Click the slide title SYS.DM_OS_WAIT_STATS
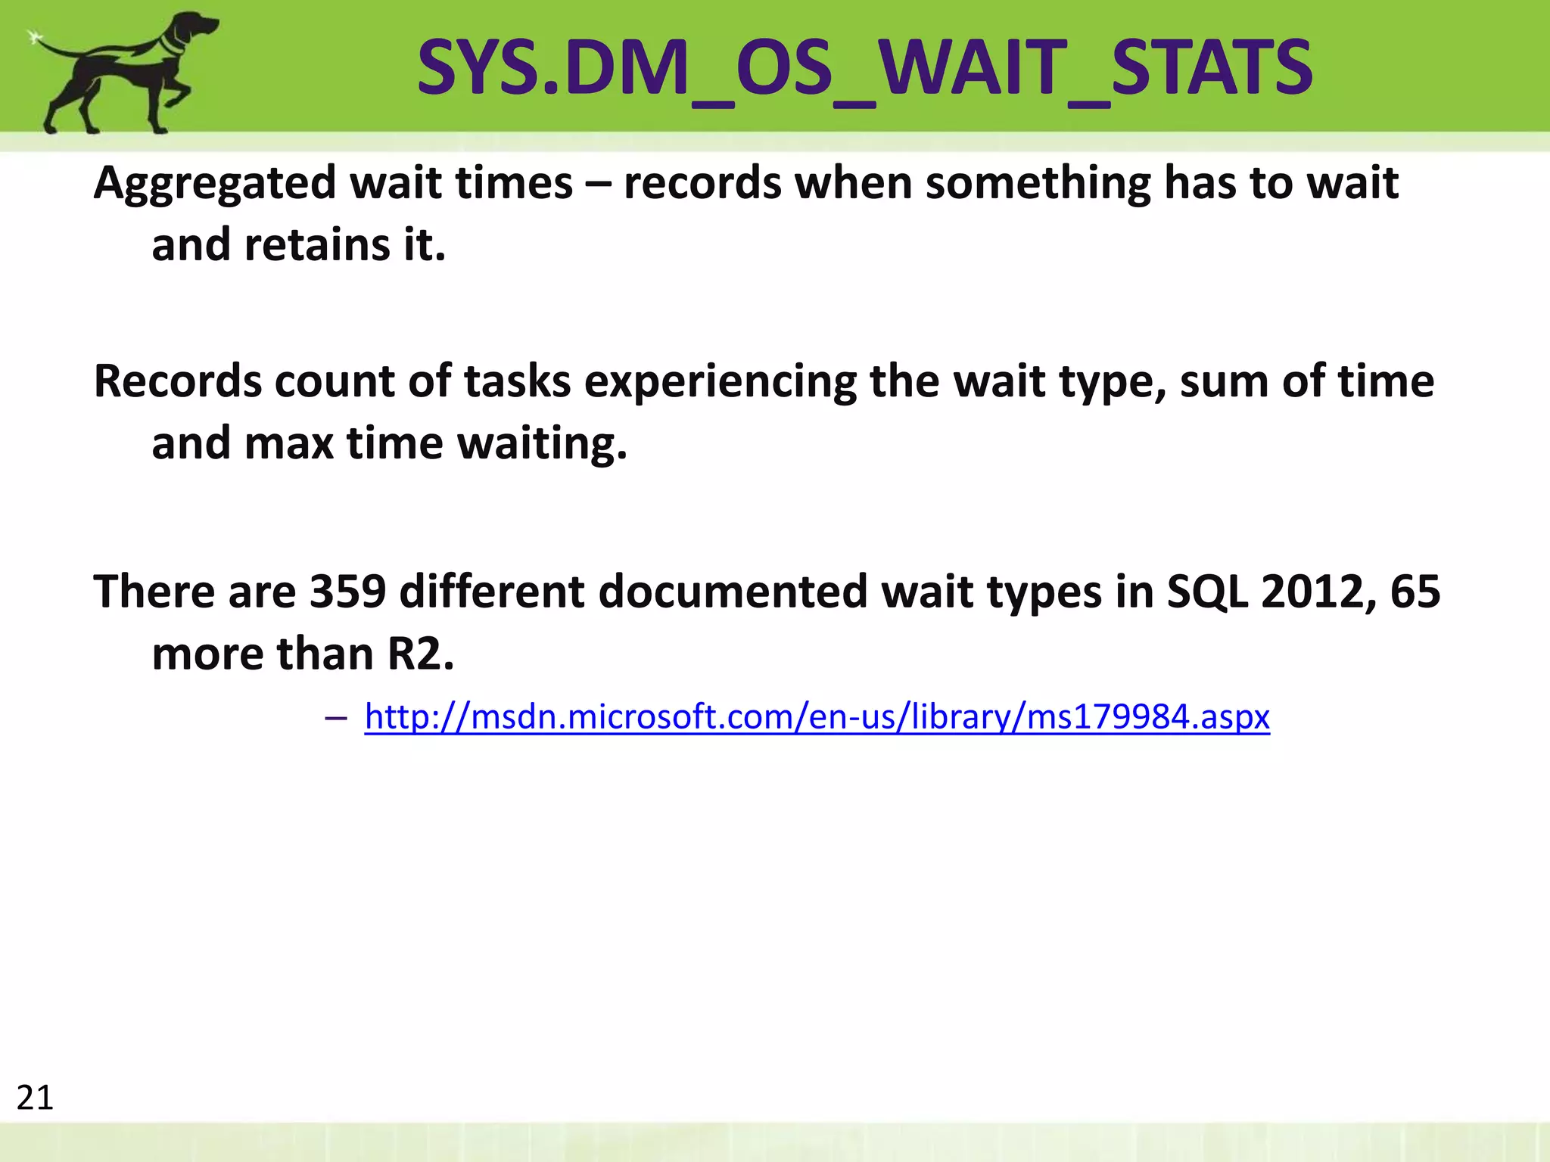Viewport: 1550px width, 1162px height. (864, 68)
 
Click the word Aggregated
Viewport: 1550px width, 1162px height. (215, 185)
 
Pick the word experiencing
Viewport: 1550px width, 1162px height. (720, 382)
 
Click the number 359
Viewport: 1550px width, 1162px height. (347, 591)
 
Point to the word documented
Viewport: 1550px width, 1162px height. (732, 591)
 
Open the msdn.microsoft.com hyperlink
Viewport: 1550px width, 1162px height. (817, 716)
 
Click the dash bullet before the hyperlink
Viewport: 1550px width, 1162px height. (335, 717)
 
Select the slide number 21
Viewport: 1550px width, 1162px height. (35, 1098)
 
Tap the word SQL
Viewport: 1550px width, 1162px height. (1206, 591)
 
